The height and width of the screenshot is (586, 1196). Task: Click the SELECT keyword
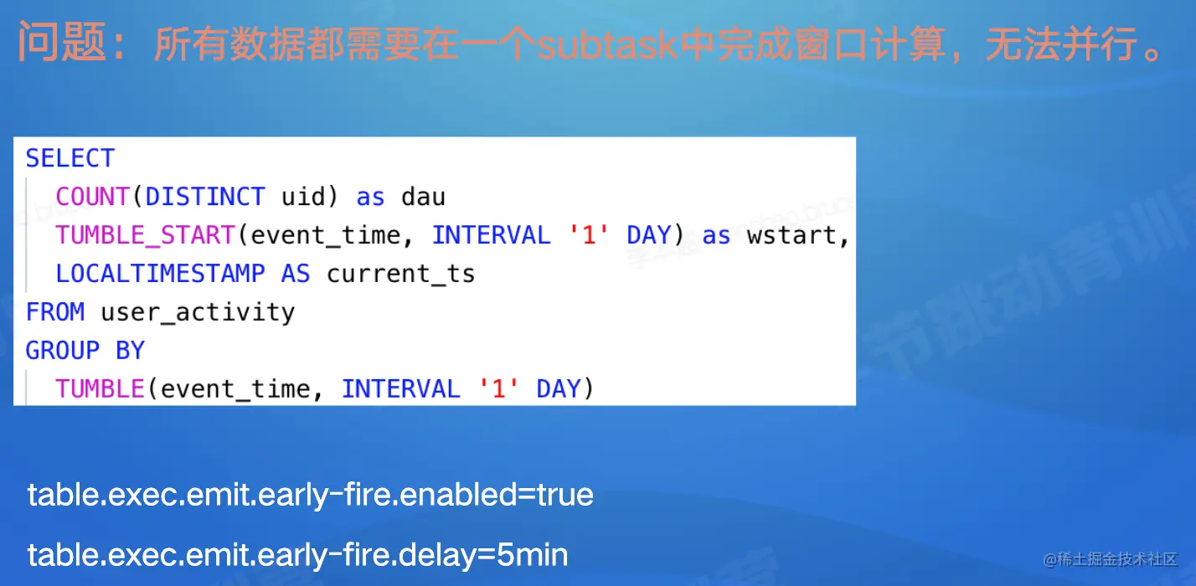tap(70, 158)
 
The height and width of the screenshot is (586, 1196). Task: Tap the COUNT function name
tap(92, 197)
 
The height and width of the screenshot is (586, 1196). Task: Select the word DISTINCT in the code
tap(205, 197)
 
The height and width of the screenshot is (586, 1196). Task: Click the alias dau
tap(424, 197)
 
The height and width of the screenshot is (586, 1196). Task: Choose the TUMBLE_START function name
tap(145, 235)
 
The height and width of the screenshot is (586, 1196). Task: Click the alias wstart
tap(791, 236)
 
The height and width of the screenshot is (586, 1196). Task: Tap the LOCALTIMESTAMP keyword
tap(160, 274)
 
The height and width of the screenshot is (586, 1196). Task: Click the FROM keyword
tap(55, 312)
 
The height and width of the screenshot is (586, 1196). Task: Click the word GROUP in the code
tap(63, 351)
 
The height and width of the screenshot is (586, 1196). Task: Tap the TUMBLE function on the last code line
tap(100, 389)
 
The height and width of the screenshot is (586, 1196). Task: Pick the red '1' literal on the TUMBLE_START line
tap(589, 235)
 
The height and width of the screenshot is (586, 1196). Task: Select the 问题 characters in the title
tap(63, 42)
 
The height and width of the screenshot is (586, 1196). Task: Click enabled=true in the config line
tap(497, 494)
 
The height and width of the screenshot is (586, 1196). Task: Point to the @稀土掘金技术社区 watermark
tap(1110, 558)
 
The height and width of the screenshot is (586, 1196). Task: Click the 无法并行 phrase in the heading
tap(1060, 44)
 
